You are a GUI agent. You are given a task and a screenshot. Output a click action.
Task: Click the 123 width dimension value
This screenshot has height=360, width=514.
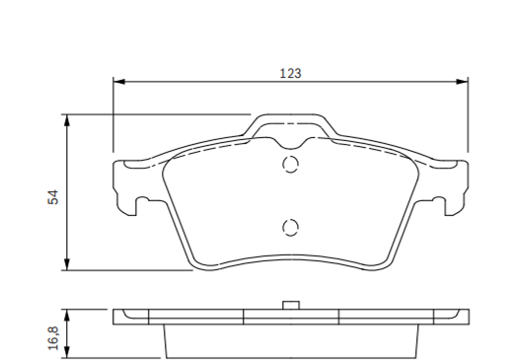(x=290, y=73)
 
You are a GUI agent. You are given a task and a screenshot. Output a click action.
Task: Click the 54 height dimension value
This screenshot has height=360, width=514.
(x=53, y=197)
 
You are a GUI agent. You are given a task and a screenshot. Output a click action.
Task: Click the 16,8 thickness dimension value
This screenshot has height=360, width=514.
(x=53, y=338)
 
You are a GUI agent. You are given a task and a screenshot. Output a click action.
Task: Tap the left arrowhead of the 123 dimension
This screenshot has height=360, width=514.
(x=119, y=82)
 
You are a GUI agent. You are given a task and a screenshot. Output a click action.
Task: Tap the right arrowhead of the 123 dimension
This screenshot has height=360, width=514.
(x=462, y=82)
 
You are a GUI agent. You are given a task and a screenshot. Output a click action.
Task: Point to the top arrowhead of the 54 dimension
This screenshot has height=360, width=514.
(x=67, y=120)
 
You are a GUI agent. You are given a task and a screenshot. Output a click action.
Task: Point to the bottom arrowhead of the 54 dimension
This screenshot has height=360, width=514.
(x=67, y=264)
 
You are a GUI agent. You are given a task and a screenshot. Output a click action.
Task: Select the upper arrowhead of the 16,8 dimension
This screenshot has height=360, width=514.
(x=67, y=316)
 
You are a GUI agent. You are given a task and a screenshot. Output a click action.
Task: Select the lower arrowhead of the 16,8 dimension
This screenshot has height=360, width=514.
(x=67, y=352)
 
